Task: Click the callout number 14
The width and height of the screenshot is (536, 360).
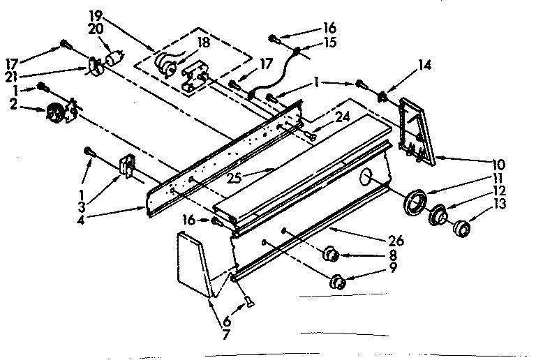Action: click(424, 67)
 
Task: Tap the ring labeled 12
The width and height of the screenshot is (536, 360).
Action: click(438, 216)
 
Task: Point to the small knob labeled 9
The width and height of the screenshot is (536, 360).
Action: click(337, 282)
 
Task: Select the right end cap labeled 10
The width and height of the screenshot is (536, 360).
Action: click(417, 133)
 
